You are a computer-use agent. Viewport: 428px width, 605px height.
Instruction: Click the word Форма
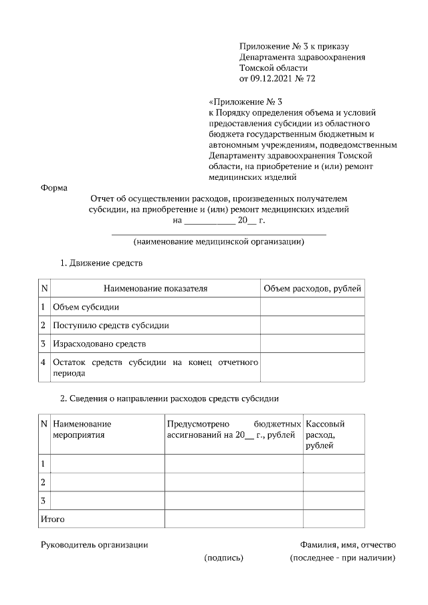(x=54, y=188)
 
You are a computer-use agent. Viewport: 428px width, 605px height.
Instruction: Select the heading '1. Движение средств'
(x=102, y=263)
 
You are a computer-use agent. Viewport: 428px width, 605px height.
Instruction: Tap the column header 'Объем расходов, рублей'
(x=312, y=289)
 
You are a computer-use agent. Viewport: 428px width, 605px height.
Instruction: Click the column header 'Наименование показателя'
(x=155, y=289)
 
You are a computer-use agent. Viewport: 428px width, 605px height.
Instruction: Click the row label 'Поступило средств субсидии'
(x=110, y=326)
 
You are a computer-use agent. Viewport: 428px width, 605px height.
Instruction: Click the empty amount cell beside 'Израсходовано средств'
(x=312, y=344)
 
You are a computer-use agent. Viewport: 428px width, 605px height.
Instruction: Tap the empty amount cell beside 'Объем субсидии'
(x=312, y=307)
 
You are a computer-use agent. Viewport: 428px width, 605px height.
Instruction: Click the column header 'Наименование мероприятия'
(x=82, y=429)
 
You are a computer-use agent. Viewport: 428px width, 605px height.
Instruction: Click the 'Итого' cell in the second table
(x=53, y=519)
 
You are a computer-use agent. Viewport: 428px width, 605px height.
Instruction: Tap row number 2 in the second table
(x=43, y=482)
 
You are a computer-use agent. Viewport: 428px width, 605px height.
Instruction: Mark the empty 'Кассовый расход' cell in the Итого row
(x=334, y=519)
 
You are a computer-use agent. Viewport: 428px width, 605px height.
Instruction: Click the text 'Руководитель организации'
(x=94, y=545)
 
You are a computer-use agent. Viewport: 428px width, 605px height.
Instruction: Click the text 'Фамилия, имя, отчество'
(x=348, y=545)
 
